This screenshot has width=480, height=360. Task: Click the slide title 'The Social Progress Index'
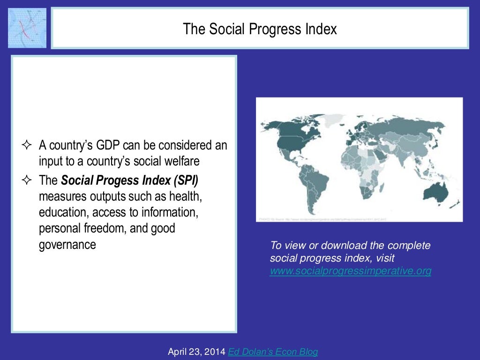(x=260, y=29)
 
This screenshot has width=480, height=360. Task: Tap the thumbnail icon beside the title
(x=27, y=28)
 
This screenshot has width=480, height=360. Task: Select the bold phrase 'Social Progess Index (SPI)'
(x=129, y=180)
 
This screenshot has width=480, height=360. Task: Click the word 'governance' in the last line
(x=67, y=244)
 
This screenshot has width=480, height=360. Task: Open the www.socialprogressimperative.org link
(x=350, y=271)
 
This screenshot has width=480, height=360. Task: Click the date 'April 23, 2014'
(x=197, y=352)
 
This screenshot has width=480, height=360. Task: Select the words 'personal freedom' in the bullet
(x=75, y=228)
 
